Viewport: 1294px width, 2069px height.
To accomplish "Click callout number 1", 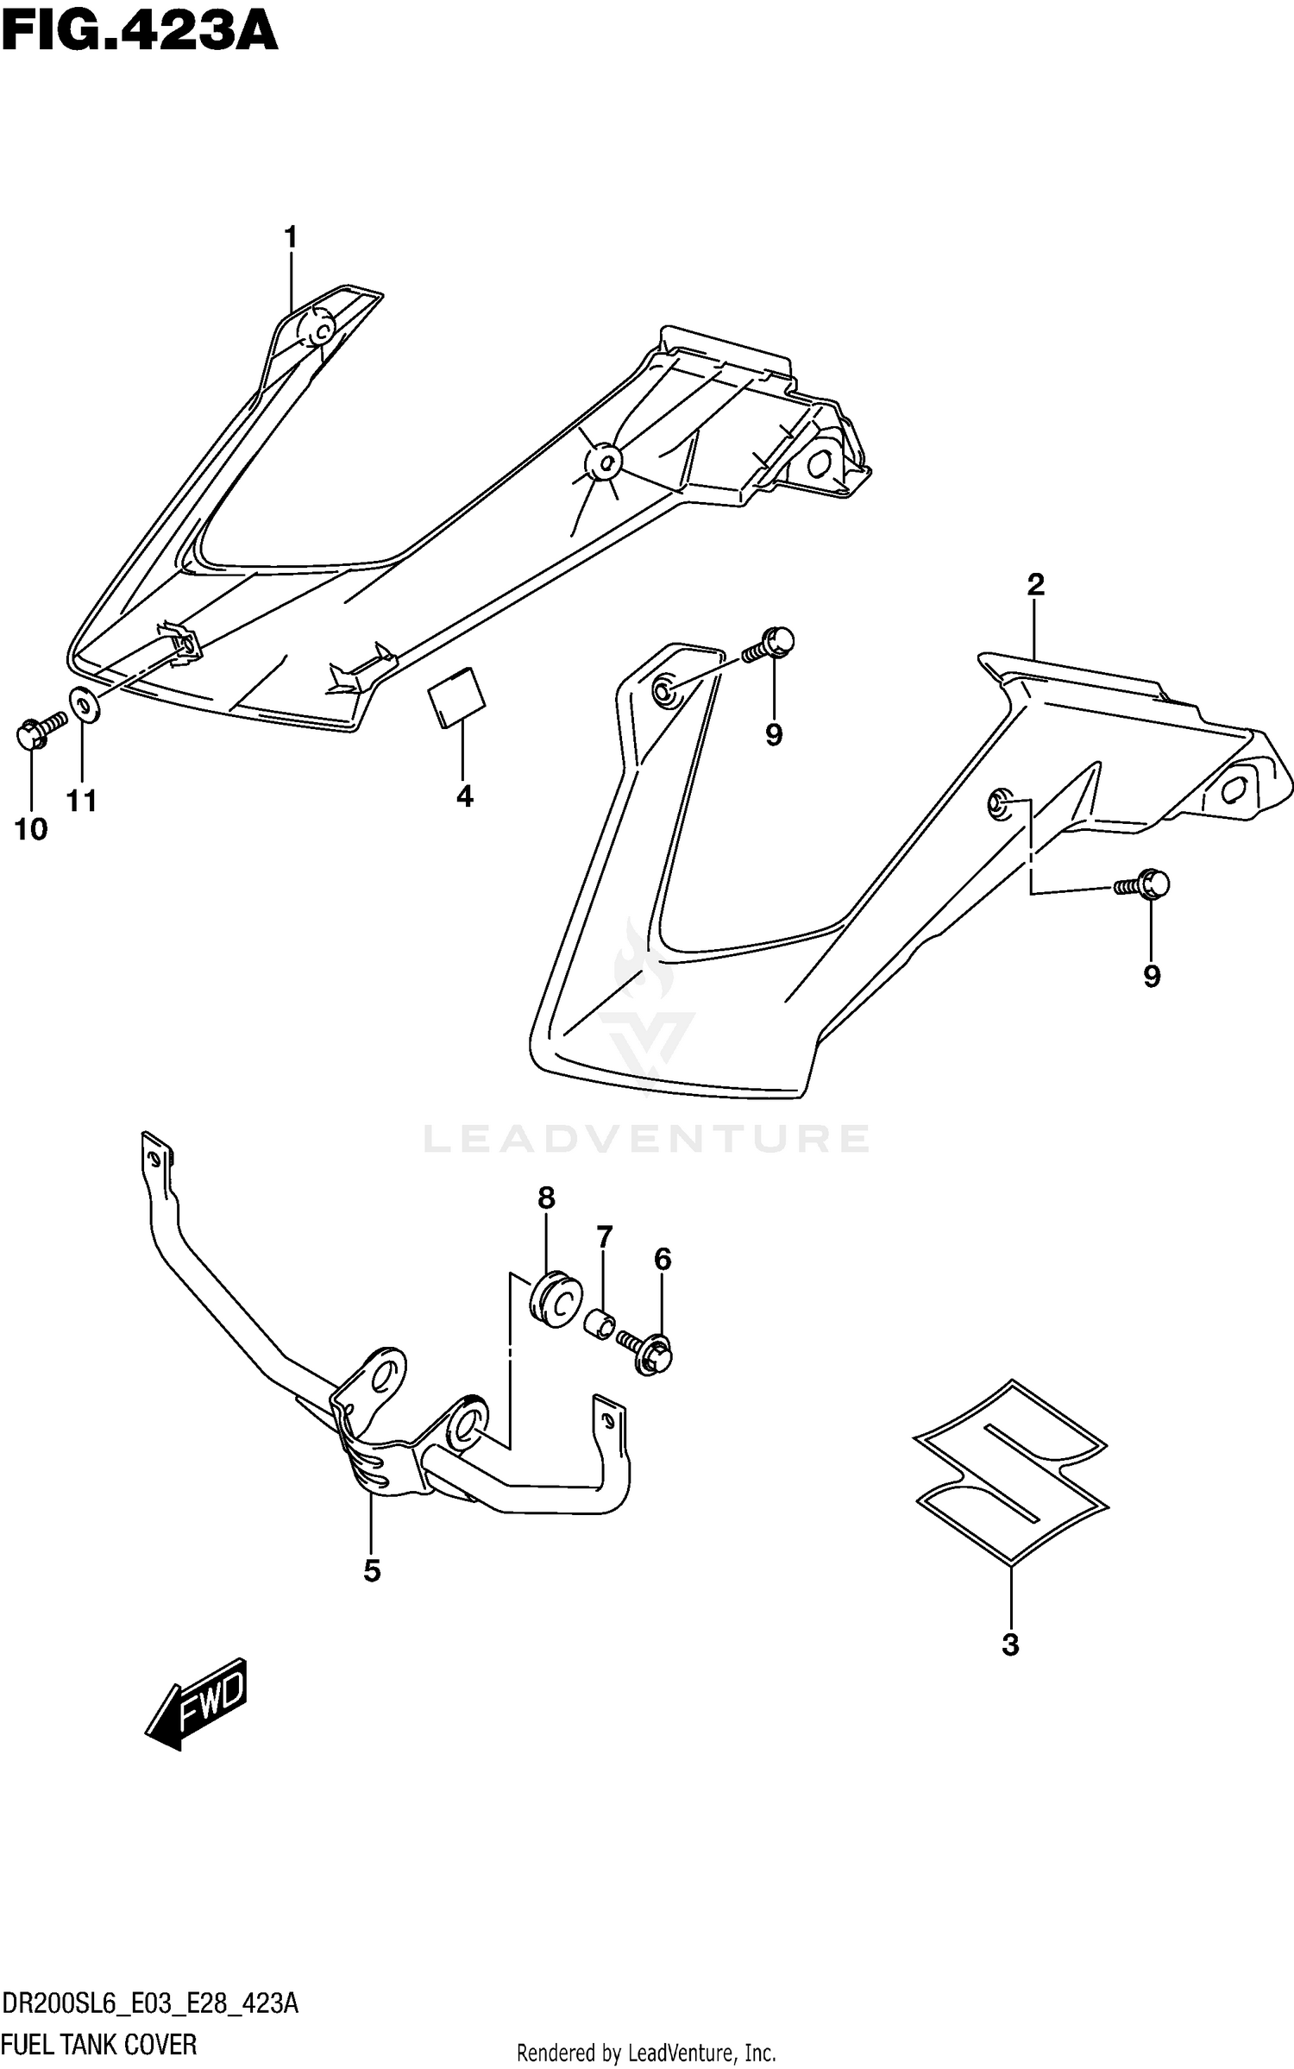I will point(291,236).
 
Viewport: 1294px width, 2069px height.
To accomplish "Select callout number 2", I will point(1035,585).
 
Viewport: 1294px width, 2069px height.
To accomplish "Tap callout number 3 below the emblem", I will point(1010,1645).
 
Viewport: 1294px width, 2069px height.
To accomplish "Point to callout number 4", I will point(464,796).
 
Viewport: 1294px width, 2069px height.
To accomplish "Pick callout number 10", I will point(31,830).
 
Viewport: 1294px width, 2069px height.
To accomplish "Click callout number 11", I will point(82,802).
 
